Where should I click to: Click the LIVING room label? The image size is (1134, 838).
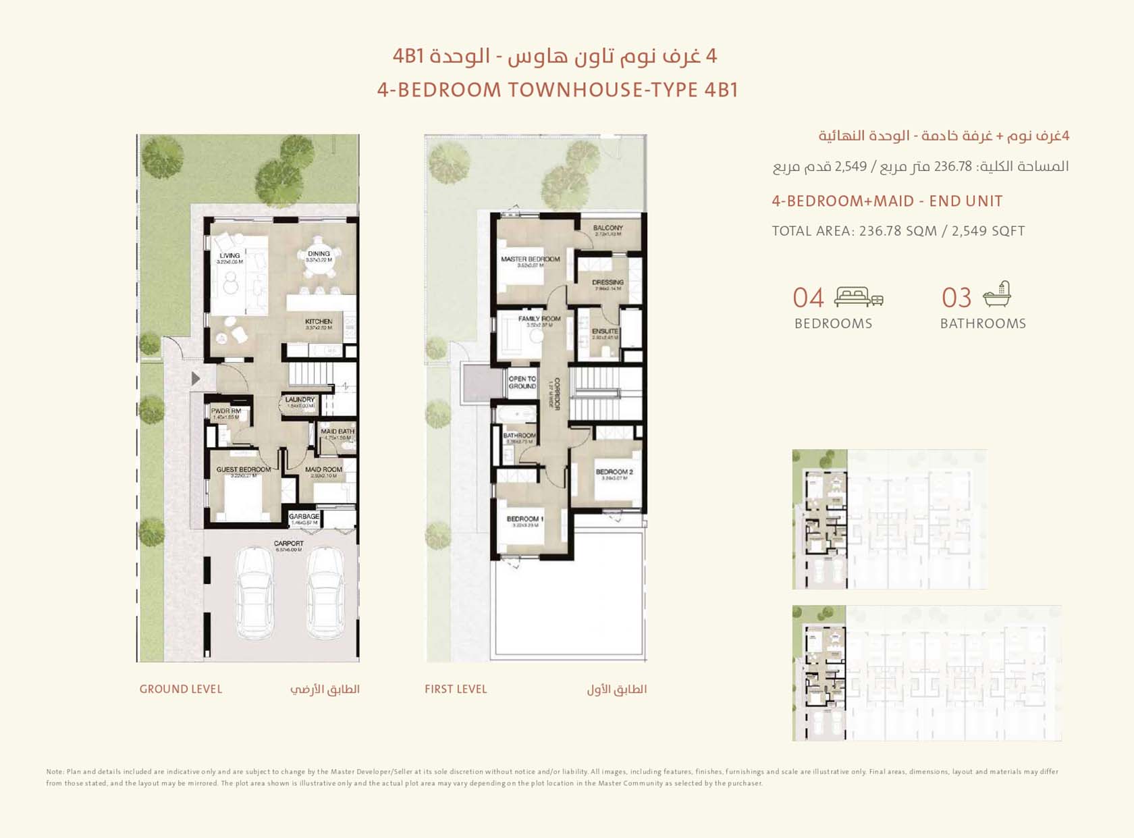click(x=230, y=256)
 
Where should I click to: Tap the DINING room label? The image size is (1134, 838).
click(x=319, y=254)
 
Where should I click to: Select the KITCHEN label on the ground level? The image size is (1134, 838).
click(x=319, y=321)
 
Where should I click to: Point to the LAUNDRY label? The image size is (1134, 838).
click(x=300, y=400)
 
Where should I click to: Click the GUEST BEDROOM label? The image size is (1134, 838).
click(x=243, y=469)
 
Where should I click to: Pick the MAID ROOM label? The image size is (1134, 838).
click(x=323, y=469)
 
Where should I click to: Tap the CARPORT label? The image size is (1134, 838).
click(x=288, y=544)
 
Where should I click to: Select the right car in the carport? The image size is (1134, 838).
click(x=326, y=592)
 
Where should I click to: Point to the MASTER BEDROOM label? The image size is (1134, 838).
click(x=530, y=259)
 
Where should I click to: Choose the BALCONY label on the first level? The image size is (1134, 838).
click(x=607, y=228)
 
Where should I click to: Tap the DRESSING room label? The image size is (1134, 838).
click(x=607, y=282)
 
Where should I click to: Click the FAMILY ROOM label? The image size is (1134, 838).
click(x=539, y=319)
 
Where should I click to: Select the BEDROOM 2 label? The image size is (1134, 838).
click(x=614, y=472)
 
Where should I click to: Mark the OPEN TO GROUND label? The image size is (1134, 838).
click(x=522, y=383)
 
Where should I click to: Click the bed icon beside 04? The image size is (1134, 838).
click(x=858, y=296)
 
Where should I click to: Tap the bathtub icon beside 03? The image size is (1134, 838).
click(x=997, y=294)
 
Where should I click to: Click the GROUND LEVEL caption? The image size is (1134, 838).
click(x=180, y=689)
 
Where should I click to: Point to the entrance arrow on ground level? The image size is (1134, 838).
click(x=196, y=378)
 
